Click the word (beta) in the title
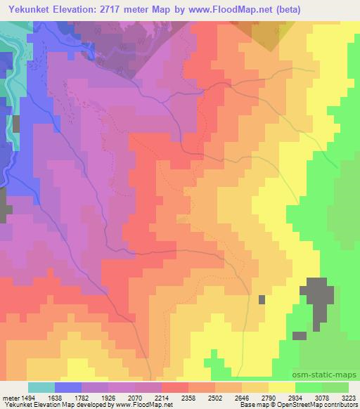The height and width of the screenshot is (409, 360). pos(340,8)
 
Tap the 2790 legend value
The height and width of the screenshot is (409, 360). pos(269,398)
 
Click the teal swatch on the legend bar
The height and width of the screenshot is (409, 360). pos(41,387)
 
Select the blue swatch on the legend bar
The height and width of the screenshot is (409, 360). pos(68,387)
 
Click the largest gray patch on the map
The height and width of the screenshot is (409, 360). pos(318,298)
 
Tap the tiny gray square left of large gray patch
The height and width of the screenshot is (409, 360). pos(262,299)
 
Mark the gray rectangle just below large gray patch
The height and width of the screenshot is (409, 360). pos(300,335)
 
